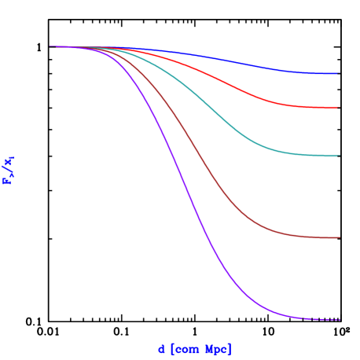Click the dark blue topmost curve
click(x=236, y=62)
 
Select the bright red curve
click(x=236, y=86)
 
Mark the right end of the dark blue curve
click(x=337, y=73)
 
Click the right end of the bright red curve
click(x=337, y=108)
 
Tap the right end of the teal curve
click(x=338, y=156)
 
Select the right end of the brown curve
click(x=339, y=237)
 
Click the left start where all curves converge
click(x=52, y=46)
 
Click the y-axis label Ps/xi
click(x=9, y=171)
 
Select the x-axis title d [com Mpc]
click(x=194, y=349)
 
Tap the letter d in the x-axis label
click(x=161, y=349)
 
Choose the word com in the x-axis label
click(x=186, y=349)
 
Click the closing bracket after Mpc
click(x=230, y=349)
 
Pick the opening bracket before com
click(x=171, y=349)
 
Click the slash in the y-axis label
click(x=9, y=169)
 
